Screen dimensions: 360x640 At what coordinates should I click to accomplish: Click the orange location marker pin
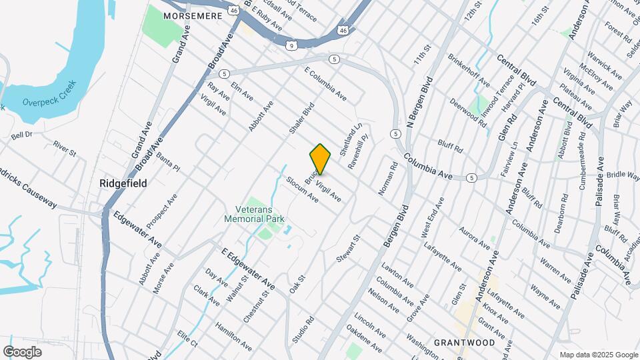(320, 159)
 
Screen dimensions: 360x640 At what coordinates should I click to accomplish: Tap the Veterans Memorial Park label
(254, 213)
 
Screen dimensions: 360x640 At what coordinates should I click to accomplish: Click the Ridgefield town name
(123, 183)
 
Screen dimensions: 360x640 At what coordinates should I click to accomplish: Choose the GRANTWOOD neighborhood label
(464, 343)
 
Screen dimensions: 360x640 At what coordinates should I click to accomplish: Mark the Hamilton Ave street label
(233, 337)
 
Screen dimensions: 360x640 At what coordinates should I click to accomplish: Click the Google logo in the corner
(22, 351)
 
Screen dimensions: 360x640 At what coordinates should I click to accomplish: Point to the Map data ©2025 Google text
(598, 355)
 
